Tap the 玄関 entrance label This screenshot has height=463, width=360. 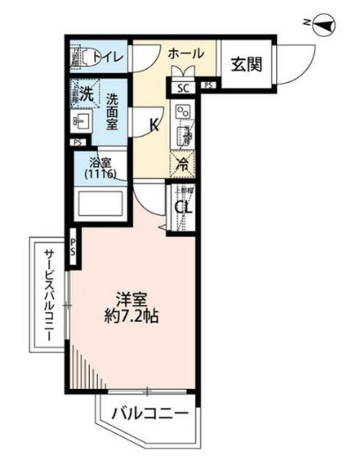(x=246, y=63)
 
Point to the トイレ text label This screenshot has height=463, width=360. (x=109, y=59)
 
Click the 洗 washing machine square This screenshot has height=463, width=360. (x=86, y=93)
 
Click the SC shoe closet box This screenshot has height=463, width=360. (x=184, y=86)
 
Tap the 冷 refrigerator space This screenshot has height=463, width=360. (x=184, y=162)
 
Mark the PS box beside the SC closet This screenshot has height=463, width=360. (x=208, y=86)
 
